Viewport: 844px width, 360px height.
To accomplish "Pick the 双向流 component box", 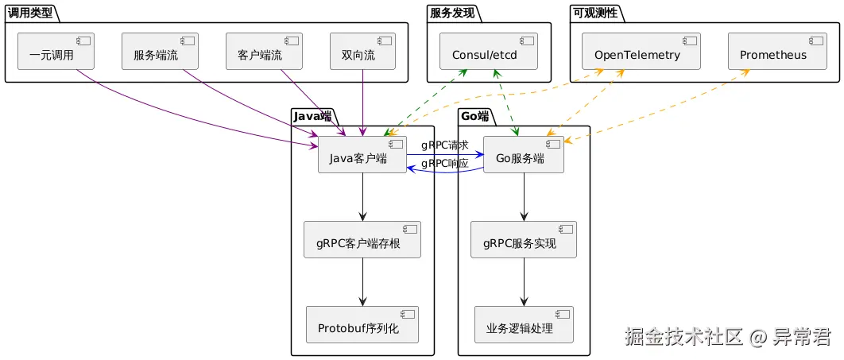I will [x=362, y=51].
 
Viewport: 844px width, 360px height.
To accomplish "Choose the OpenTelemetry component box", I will [x=640, y=51].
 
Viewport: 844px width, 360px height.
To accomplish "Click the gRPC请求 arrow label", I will [x=444, y=145].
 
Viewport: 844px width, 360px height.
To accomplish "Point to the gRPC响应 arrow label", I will [x=444, y=164].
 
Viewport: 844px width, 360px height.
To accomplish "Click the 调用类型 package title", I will [x=30, y=12].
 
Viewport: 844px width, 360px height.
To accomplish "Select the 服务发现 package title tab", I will [x=452, y=12].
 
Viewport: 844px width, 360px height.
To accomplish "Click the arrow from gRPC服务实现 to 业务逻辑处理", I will [x=524, y=281].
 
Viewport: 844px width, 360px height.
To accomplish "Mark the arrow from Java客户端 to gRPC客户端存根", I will [x=362, y=196].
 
